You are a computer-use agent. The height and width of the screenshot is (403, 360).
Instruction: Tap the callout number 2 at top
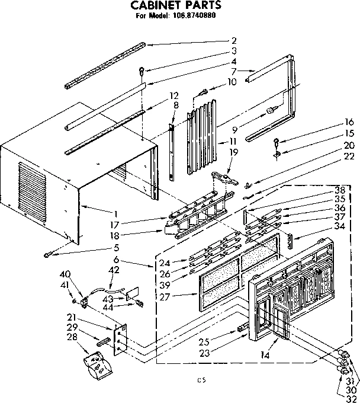click(x=234, y=41)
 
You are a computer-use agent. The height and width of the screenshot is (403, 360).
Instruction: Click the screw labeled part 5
click(x=46, y=254)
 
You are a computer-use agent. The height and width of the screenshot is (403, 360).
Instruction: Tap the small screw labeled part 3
click(x=142, y=71)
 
